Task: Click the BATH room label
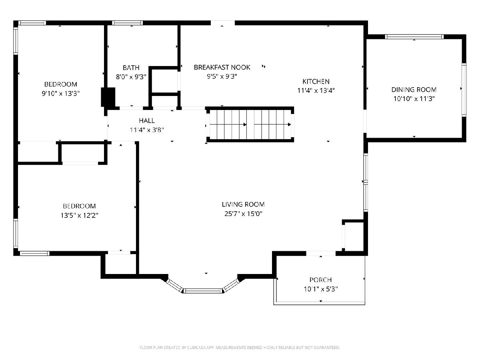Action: click(131, 68)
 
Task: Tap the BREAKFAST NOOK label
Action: click(222, 67)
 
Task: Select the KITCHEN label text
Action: click(316, 82)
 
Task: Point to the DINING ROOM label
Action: click(414, 90)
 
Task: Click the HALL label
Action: click(147, 121)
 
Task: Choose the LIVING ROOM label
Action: click(243, 204)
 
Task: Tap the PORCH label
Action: click(320, 280)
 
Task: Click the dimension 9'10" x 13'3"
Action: click(60, 94)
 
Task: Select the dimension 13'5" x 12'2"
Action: click(79, 216)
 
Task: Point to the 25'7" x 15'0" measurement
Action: click(243, 214)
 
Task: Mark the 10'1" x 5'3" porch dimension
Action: click(320, 289)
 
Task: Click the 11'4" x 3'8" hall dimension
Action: click(147, 130)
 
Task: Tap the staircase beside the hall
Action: click(250, 124)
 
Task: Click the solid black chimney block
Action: click(108, 97)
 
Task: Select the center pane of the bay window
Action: click(203, 291)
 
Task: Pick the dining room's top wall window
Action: click(414, 37)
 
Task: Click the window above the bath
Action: click(128, 23)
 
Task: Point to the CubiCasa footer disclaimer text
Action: click(240, 348)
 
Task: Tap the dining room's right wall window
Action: click(464, 90)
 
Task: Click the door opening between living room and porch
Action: click(321, 254)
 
